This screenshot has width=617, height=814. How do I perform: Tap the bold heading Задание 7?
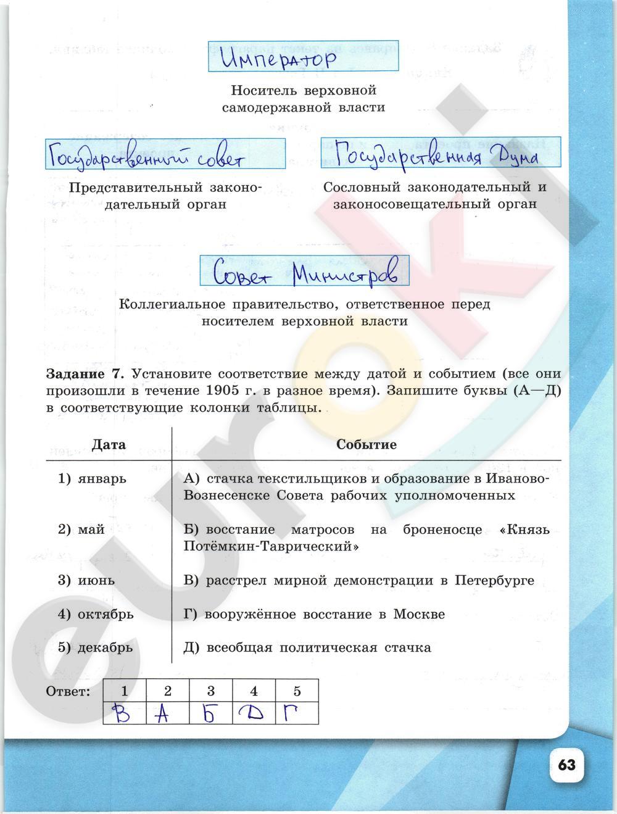click(x=85, y=374)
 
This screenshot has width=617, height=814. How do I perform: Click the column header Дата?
click(x=109, y=445)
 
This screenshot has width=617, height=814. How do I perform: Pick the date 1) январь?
click(x=93, y=479)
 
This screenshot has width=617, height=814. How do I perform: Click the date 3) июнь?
click(x=86, y=580)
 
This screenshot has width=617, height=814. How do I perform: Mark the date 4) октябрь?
click(x=96, y=614)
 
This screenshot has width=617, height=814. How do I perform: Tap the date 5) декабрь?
click(x=96, y=647)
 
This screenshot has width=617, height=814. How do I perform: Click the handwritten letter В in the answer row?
click(x=124, y=714)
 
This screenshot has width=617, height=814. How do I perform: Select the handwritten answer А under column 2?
click(x=162, y=714)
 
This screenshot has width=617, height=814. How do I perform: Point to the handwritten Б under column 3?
click(x=210, y=714)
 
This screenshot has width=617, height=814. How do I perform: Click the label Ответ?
click(x=68, y=691)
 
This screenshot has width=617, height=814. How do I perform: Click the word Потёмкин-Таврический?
click(x=271, y=547)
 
